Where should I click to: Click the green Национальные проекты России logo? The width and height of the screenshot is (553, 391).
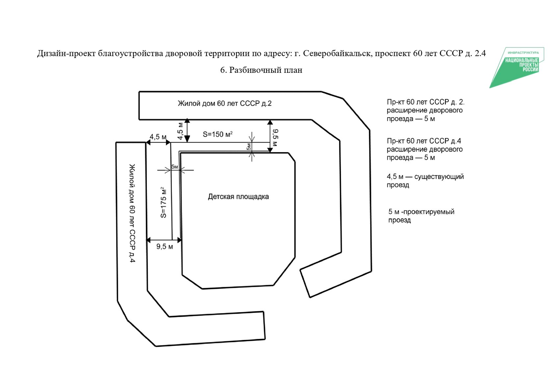click(517, 67)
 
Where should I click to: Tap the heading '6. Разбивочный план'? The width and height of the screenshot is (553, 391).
click(261, 70)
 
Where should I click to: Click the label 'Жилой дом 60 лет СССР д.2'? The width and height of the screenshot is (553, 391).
click(224, 103)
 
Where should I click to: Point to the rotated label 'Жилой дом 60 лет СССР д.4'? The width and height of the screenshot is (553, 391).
click(132, 213)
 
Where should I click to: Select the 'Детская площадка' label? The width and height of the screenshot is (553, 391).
click(238, 197)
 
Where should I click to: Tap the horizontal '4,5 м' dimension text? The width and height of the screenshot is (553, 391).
click(158, 137)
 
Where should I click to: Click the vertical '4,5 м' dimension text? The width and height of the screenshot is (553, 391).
click(180, 131)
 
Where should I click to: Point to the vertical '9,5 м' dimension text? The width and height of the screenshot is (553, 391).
click(275, 137)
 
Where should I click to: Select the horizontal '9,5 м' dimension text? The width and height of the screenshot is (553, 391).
click(165, 246)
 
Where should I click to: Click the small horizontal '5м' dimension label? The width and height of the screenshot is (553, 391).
click(174, 167)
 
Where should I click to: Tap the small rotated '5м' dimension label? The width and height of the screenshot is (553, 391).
click(249, 147)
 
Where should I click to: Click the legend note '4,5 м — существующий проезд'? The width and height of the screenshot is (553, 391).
click(425, 181)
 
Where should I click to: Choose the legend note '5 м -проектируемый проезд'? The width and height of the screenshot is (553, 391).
click(421, 216)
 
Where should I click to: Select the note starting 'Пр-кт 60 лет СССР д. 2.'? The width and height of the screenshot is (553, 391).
click(426, 110)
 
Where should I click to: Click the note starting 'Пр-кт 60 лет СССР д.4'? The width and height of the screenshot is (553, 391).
click(425, 149)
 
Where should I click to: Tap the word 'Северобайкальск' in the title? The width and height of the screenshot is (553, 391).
click(337, 53)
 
